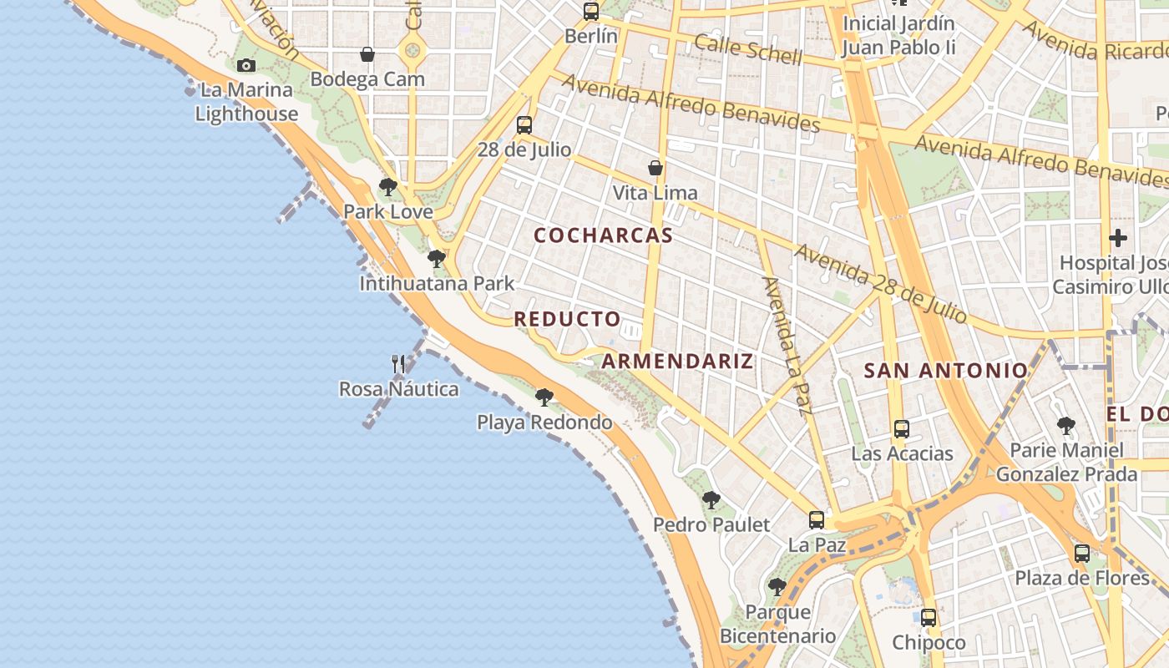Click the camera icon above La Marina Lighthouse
click(245, 65)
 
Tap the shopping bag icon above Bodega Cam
click(367, 55)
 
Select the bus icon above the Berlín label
click(591, 12)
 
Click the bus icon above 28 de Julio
click(524, 125)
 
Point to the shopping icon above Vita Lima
click(655, 168)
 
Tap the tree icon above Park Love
click(387, 187)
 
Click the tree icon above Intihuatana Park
click(436, 259)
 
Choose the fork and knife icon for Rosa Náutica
click(398, 364)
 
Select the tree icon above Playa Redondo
click(544, 397)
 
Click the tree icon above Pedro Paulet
click(711, 500)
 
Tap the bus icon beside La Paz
click(817, 520)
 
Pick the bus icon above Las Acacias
click(902, 429)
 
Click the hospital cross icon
click(1117, 238)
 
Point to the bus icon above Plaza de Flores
click(1081, 553)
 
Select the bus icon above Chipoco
click(929, 618)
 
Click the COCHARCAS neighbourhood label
click(603, 235)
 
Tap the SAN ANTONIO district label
click(945, 370)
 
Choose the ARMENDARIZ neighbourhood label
click(677, 361)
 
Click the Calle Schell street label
click(748, 50)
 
